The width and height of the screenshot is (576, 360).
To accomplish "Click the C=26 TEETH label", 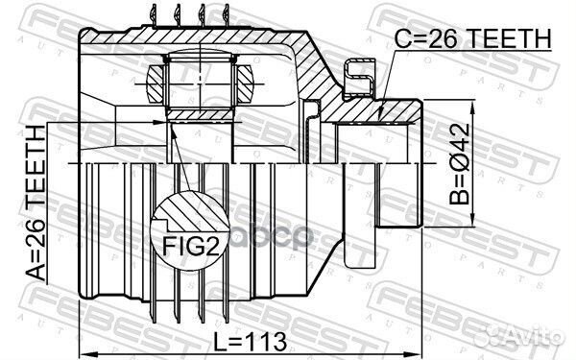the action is pyautogui.click(x=472, y=39).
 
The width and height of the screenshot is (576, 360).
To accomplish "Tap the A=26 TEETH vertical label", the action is pyautogui.click(x=36, y=204).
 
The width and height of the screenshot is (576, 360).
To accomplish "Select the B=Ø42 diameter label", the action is pyautogui.click(x=460, y=164).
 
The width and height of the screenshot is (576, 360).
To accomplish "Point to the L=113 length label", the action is pyautogui.click(x=251, y=341).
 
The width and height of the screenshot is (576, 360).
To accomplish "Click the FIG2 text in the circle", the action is pyautogui.click(x=191, y=246).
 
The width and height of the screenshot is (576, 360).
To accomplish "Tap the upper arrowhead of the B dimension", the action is pyautogui.click(x=472, y=106).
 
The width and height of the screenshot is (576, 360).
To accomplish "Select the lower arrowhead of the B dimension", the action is pyautogui.click(x=472, y=222).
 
